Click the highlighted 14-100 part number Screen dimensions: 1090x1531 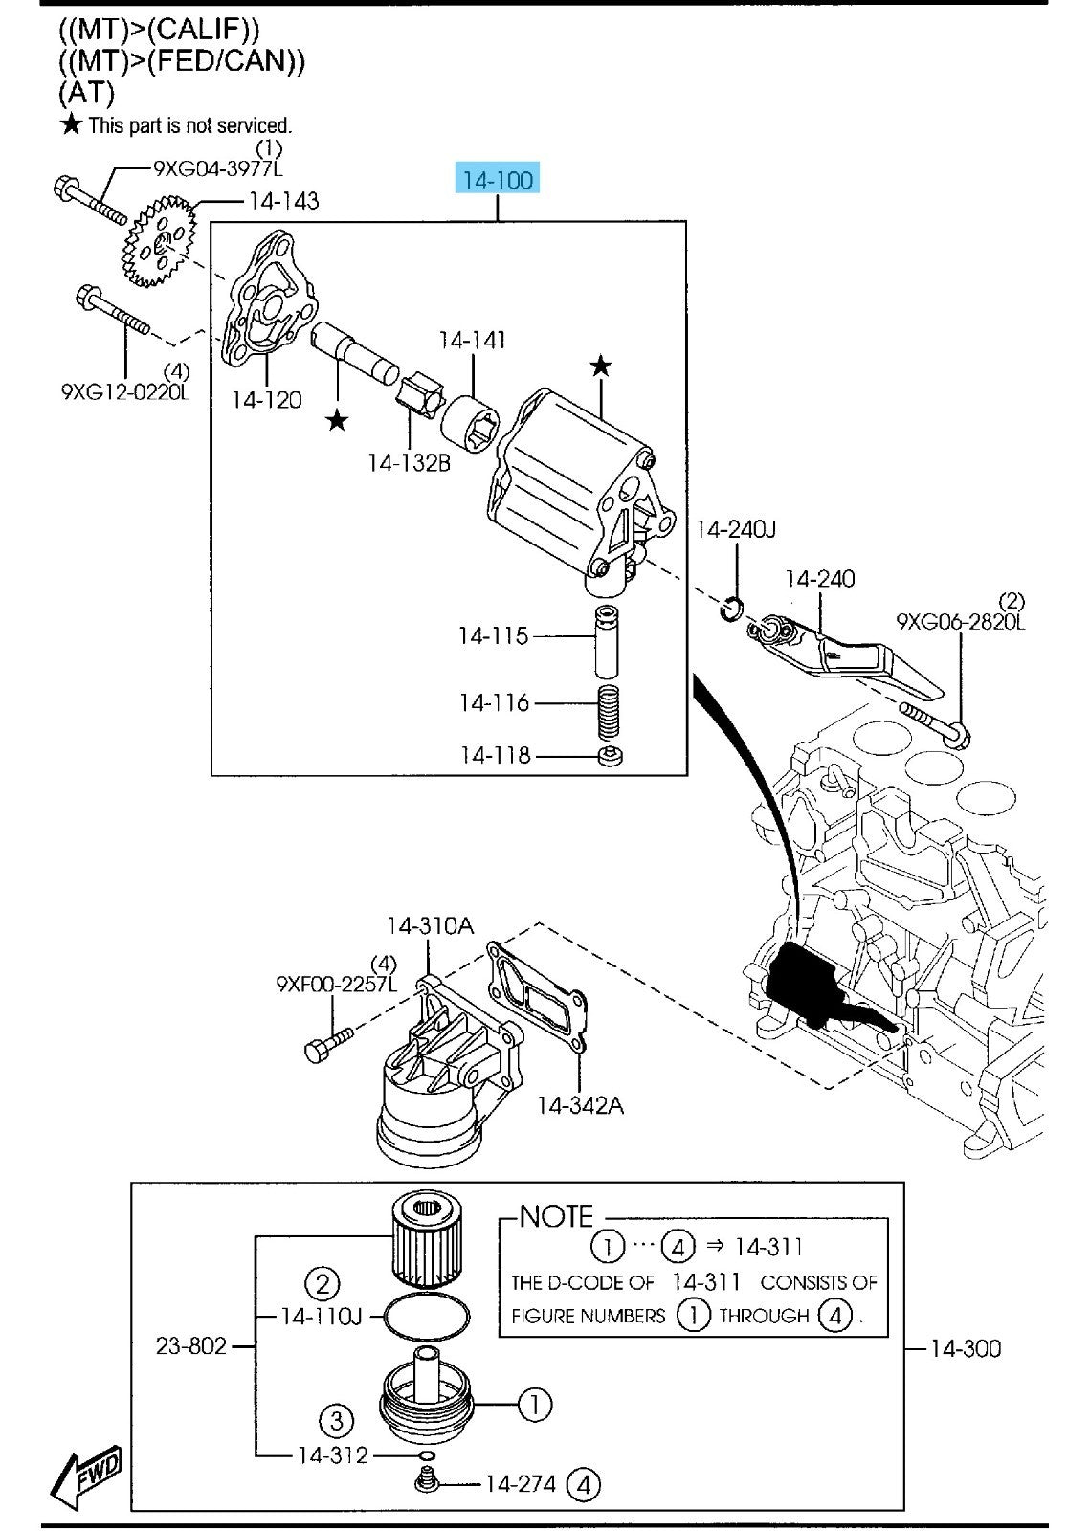pos(498,179)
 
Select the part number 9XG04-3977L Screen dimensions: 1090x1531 pos(218,168)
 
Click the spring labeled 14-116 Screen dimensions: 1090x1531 pos(608,712)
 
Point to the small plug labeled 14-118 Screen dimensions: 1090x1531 pos(611,757)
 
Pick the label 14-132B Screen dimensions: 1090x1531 pos(410,463)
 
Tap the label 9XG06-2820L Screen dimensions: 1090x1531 pos(961,621)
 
